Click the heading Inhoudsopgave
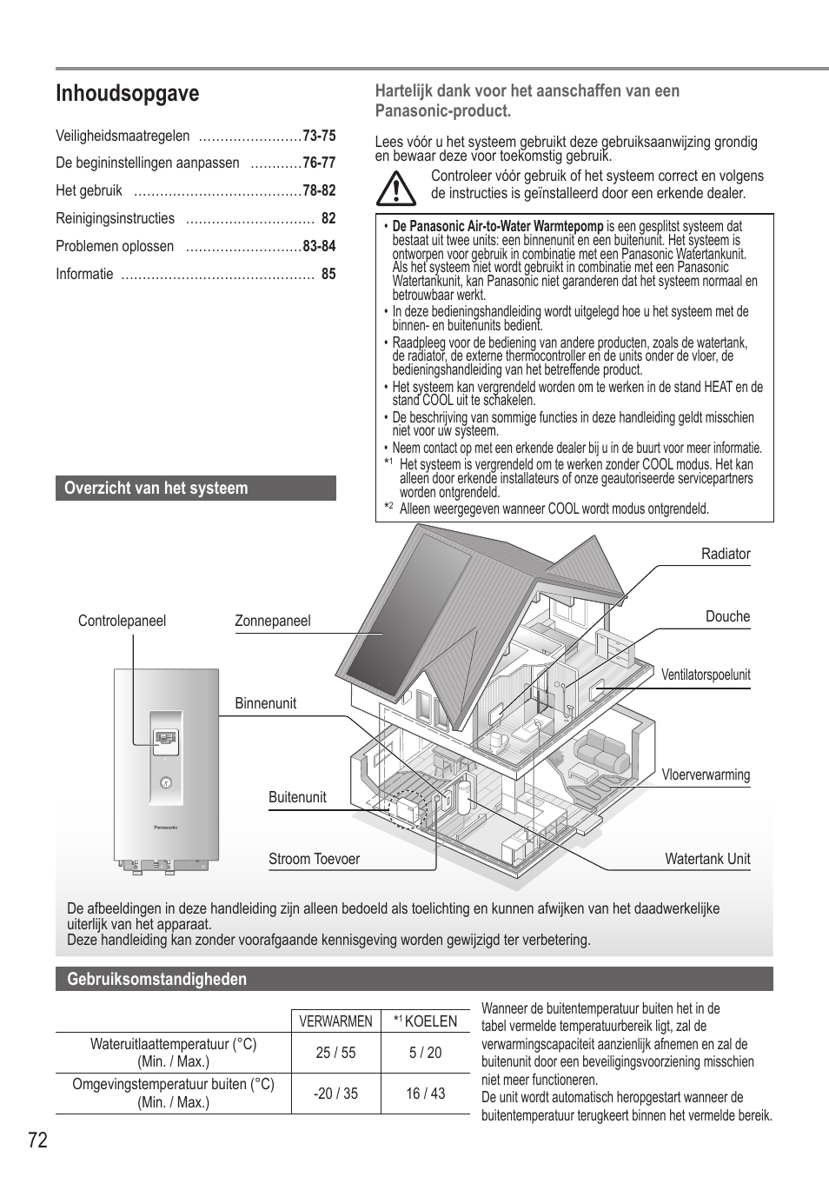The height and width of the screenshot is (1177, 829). pos(127,94)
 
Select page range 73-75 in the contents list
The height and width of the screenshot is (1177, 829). pos(319,136)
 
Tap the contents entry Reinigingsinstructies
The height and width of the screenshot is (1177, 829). pos(115,218)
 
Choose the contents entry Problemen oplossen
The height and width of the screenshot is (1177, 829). pos(115,246)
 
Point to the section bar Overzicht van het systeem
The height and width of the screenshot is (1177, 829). pos(196,488)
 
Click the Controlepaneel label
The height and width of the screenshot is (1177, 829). pos(122,621)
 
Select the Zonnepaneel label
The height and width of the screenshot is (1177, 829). pos(272,621)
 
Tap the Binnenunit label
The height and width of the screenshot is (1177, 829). pos(265,703)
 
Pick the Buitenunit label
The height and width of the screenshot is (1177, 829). pos(297,797)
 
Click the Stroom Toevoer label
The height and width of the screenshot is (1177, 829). pos(314,859)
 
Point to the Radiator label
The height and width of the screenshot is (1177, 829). pos(726,554)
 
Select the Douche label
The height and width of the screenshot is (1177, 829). pos(727,616)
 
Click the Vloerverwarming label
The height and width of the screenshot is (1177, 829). pos(706,775)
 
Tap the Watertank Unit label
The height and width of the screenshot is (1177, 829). pos(707,859)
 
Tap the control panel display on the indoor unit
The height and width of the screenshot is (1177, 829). pos(166,738)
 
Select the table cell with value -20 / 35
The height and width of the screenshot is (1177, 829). pos(335,1094)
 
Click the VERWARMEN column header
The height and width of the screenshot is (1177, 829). pos(335,1021)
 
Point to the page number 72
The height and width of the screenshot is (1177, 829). pos(37,1140)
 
